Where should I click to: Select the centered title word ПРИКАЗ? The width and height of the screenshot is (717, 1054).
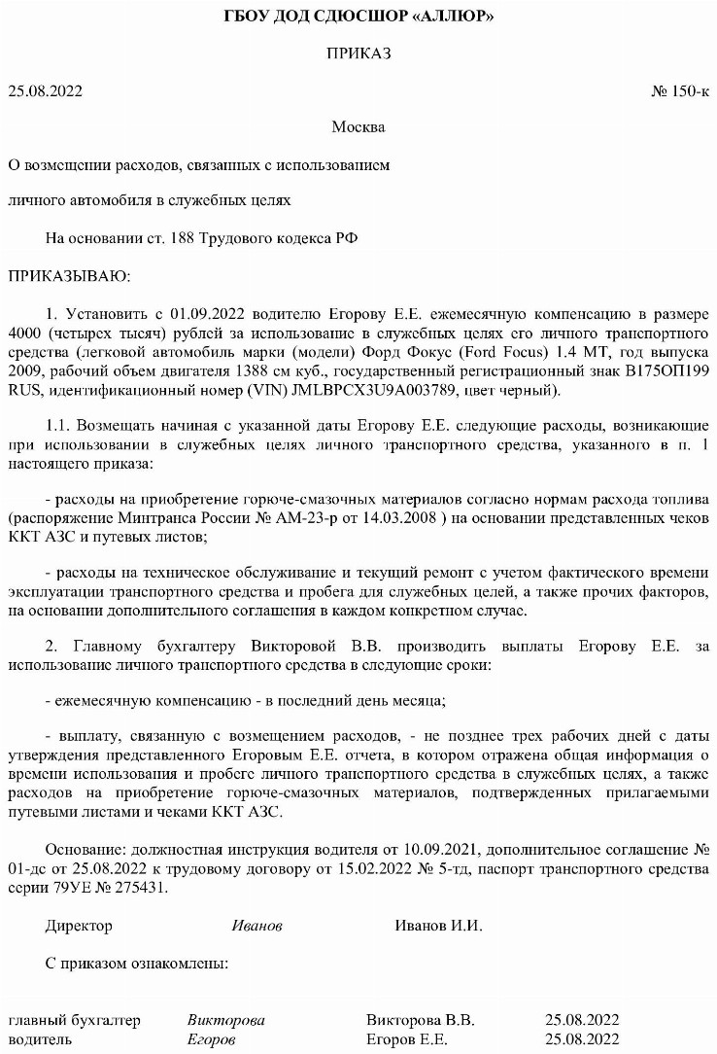point(358,54)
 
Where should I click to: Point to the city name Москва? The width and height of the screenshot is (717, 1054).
point(358,127)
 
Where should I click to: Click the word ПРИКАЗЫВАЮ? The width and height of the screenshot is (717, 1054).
point(68,276)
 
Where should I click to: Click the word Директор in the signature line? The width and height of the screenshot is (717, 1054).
point(79,926)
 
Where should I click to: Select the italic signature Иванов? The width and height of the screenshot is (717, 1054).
point(256,926)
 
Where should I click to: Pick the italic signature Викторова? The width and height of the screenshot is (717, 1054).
point(225,1021)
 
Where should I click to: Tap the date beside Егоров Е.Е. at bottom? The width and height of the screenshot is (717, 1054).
point(582,1039)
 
